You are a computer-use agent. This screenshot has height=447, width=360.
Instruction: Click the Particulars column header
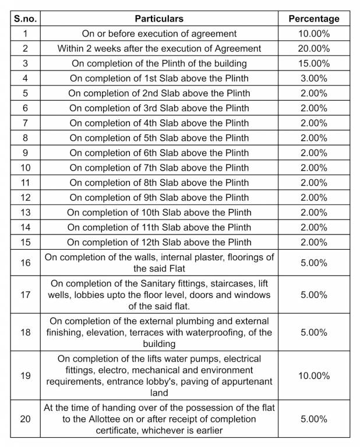click(x=159, y=19)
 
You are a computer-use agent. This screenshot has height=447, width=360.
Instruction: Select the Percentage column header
click(x=313, y=19)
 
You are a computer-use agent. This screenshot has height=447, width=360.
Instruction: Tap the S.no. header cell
click(x=25, y=19)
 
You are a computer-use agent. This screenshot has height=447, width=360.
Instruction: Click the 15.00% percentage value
click(x=313, y=63)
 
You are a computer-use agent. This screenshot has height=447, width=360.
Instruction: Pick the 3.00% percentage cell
click(x=313, y=78)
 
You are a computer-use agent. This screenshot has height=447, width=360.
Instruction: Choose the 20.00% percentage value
click(x=313, y=48)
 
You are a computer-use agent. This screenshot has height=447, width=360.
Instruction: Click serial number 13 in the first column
click(x=25, y=212)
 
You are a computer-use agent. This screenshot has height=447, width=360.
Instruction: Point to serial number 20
click(x=25, y=419)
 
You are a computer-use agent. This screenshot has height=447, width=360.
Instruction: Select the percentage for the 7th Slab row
click(x=313, y=168)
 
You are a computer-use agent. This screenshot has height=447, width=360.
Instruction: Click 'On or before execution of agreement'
click(x=159, y=34)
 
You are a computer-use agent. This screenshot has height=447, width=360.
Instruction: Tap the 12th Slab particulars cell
click(x=159, y=242)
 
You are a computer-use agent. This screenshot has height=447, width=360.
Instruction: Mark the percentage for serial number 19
click(x=313, y=376)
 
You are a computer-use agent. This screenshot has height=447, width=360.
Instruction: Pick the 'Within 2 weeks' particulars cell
click(x=159, y=48)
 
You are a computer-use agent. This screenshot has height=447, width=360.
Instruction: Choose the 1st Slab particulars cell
click(x=159, y=78)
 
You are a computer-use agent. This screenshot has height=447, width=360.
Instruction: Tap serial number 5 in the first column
click(x=25, y=93)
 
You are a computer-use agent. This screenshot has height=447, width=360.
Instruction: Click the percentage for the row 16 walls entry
click(x=313, y=263)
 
